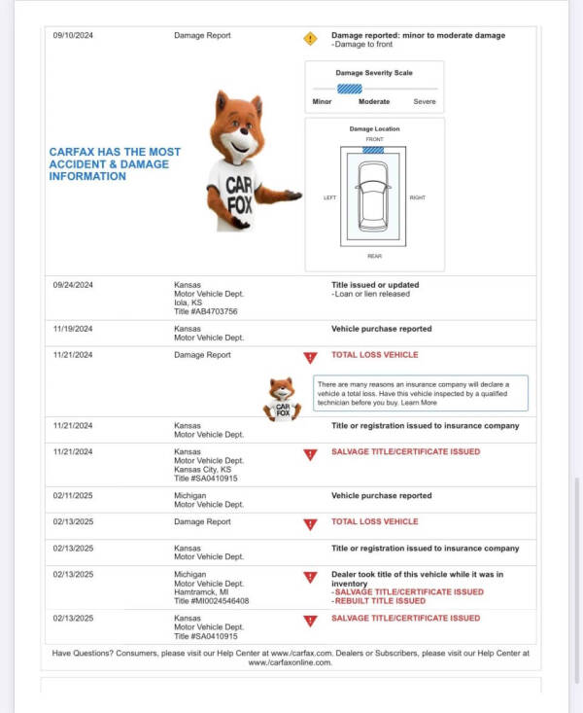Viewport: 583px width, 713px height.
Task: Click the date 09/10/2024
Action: tap(73, 35)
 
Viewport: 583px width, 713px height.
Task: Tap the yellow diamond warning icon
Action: tap(310, 39)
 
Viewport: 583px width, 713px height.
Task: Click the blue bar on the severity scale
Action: tap(350, 89)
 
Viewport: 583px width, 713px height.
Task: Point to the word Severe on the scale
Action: tap(425, 102)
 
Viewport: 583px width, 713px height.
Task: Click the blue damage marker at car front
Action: tap(373, 150)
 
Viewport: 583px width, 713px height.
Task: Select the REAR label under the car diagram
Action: tap(374, 256)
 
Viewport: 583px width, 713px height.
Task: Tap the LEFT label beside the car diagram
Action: tap(330, 197)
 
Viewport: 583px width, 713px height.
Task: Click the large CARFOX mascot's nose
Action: tap(244, 130)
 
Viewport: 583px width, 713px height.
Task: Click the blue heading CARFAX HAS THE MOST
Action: tap(115, 152)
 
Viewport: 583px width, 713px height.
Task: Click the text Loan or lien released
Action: tap(372, 294)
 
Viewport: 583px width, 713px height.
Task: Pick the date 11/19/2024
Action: tap(73, 329)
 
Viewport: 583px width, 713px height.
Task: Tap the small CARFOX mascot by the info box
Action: tap(282, 399)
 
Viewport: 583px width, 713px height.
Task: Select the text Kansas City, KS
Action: tap(202, 469)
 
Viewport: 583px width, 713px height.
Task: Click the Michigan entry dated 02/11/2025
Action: tap(189, 496)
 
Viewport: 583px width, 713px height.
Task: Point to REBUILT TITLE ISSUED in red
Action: tap(380, 601)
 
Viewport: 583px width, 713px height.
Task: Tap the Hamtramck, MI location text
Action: tap(201, 592)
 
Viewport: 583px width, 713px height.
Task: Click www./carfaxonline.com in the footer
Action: tap(290, 662)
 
